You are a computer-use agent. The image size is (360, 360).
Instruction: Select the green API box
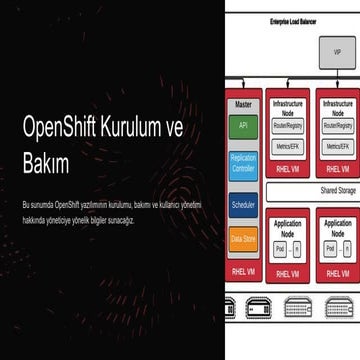[x=243, y=126]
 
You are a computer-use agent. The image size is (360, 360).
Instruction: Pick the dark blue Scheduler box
[x=243, y=204]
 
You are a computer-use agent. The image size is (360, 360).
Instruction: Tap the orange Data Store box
[x=243, y=239]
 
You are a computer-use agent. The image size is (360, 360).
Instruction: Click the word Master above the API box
[x=241, y=101]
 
